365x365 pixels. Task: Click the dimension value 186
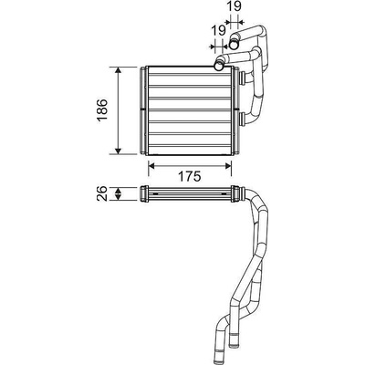[x=102, y=110]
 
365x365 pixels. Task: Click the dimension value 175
[x=189, y=177]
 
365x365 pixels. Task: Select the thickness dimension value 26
[x=102, y=193]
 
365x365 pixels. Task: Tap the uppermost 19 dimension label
[x=235, y=6]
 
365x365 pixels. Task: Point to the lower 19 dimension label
[x=219, y=30]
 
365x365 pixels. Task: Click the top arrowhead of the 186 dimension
[x=119, y=70]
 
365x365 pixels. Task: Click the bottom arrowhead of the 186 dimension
[x=119, y=151]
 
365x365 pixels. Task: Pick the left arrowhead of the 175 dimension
[x=152, y=165]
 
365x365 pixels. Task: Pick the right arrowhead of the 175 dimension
[x=228, y=165]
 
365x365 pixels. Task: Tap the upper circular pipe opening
[x=234, y=45]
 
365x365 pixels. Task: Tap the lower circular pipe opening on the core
[x=218, y=66]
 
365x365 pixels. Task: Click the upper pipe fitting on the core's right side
[x=243, y=78]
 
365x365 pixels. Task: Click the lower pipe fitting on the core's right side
[x=243, y=119]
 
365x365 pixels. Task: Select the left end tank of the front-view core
[x=144, y=110]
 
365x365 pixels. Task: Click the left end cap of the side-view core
[x=144, y=193]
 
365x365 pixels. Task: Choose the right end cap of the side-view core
[x=235, y=193]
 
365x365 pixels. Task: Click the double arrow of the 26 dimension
[x=119, y=193]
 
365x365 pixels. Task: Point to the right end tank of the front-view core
[x=235, y=110]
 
